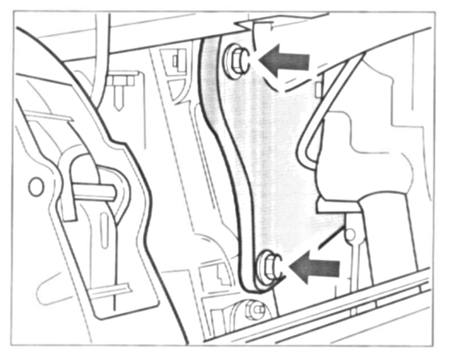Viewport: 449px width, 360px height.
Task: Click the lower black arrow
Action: pyautogui.click(x=315, y=266)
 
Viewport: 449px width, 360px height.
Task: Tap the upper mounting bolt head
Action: pyautogui.click(x=236, y=60)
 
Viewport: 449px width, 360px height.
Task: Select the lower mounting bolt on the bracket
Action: pyautogui.click(x=268, y=266)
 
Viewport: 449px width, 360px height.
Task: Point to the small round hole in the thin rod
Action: pyautogui.click(x=351, y=232)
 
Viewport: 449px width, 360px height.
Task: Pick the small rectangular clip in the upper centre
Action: pyautogui.click(x=174, y=58)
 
